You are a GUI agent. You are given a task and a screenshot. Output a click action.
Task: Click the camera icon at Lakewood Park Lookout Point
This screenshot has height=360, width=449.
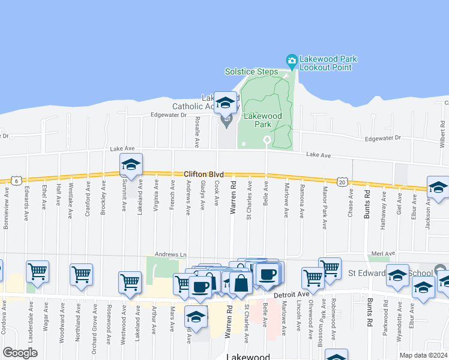pos(292,60)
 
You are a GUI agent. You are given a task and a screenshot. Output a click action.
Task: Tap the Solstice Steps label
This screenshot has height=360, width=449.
pos(252,71)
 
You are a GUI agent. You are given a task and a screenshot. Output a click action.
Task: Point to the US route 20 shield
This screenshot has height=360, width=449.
pos(342,181)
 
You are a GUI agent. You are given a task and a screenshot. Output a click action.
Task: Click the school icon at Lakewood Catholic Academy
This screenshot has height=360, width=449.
pos(226,103)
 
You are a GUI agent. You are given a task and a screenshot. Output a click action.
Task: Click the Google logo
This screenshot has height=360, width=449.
pos(20,353)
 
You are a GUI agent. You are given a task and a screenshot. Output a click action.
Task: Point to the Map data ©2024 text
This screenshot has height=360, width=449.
pos(423,355)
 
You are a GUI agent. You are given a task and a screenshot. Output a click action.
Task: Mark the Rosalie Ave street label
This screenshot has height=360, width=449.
pos(197,132)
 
